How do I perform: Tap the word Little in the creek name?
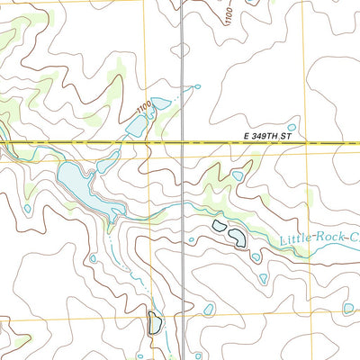(295, 239)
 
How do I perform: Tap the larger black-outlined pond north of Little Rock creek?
(237, 238)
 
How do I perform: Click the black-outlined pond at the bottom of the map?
(155, 321)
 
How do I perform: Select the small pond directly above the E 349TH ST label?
(290, 128)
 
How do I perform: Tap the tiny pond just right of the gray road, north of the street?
(195, 87)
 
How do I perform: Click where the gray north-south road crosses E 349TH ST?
(183, 142)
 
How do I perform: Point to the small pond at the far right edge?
(349, 309)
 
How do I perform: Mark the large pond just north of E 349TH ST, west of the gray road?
(137, 126)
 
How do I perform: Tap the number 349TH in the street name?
(266, 136)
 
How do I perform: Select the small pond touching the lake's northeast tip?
(108, 165)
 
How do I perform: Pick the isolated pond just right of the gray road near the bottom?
(209, 310)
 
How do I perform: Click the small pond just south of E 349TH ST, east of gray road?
(237, 175)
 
